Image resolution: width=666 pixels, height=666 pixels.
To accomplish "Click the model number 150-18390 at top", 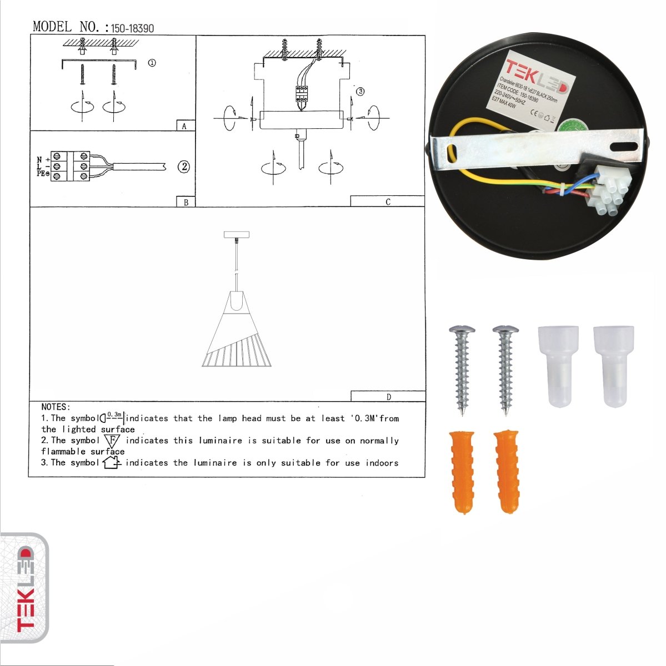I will pyautogui.click(x=132, y=28).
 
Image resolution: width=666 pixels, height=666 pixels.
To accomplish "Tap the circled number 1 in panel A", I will pyautogui.click(x=152, y=63).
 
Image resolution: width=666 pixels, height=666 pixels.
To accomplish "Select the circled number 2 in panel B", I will pyautogui.click(x=184, y=167).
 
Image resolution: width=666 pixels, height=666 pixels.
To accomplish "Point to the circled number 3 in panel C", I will pyautogui.click(x=360, y=92).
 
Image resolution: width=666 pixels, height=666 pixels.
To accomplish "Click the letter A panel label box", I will pyautogui.click(x=185, y=126).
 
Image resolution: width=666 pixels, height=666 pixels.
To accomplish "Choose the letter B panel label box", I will pyautogui.click(x=186, y=202).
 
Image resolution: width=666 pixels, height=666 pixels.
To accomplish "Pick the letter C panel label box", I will pyautogui.click(x=388, y=201).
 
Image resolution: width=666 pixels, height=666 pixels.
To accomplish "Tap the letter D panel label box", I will pyautogui.click(x=388, y=396).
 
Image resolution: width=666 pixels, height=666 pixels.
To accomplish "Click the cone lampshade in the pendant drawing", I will pyautogui.click(x=238, y=333).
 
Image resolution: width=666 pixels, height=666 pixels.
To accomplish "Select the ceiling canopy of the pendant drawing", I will pyautogui.click(x=236, y=235).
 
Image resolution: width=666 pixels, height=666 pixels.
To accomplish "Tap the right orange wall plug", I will pyautogui.click(x=506, y=471).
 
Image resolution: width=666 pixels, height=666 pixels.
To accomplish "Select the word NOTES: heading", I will pyautogui.click(x=56, y=407).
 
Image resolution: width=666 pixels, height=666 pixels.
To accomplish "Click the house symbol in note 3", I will pyautogui.click(x=112, y=462).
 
